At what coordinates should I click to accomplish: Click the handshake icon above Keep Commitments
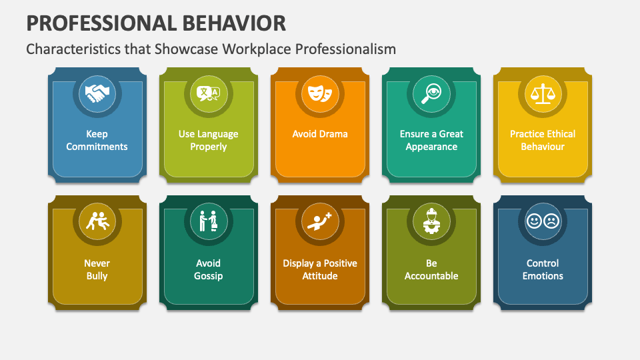point(97,93)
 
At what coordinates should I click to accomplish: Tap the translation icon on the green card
point(209,93)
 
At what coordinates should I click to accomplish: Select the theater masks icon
point(320,93)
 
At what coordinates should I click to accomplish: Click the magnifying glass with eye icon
point(431,93)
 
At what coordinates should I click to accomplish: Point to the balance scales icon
point(543,93)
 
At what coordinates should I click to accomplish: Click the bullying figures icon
point(97,221)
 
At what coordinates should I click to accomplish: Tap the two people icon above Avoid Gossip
point(209,221)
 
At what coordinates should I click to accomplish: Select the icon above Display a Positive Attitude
point(320,221)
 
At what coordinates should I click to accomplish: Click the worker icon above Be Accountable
point(431,221)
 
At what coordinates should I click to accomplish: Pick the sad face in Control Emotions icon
point(551,221)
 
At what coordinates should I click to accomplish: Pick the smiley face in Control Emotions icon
point(535,221)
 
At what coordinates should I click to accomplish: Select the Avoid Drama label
point(320,134)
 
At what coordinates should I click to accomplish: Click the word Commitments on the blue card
point(97,147)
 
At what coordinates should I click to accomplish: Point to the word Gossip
point(209,276)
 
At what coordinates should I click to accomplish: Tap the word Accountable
point(431,276)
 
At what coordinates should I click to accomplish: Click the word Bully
point(97,276)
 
